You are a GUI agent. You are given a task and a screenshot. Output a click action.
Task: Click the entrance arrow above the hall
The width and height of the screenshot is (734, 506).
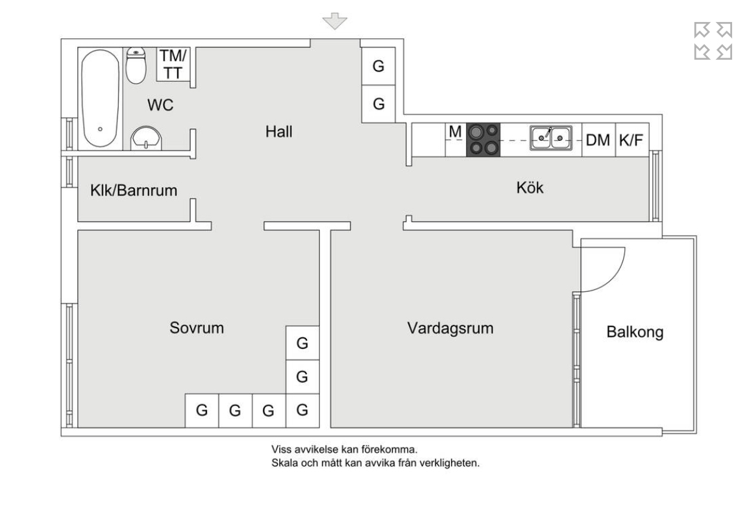(335, 21)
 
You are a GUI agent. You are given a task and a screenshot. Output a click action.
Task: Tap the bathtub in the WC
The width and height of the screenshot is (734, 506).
(101, 99)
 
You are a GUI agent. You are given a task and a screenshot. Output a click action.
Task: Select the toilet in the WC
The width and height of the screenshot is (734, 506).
(136, 66)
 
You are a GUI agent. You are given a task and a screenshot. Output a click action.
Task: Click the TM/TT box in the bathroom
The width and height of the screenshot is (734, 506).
(173, 64)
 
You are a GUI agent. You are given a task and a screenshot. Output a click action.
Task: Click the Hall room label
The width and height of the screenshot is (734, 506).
(279, 132)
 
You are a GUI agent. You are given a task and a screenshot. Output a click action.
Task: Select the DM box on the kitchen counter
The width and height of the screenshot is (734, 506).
(598, 139)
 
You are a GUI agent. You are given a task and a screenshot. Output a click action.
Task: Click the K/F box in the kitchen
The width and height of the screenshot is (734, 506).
(633, 139)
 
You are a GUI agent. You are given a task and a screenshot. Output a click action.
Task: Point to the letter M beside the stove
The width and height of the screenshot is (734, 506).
(456, 132)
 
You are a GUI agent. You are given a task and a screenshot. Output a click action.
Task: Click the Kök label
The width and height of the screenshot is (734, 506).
(530, 188)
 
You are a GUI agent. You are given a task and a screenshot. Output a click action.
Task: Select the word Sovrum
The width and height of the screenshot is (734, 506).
(197, 328)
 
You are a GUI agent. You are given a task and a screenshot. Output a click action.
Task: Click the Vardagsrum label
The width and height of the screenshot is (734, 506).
(450, 328)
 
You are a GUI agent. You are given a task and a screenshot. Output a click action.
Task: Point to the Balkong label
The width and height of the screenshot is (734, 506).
(635, 332)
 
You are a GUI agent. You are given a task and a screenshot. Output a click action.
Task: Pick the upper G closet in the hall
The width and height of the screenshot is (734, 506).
(378, 66)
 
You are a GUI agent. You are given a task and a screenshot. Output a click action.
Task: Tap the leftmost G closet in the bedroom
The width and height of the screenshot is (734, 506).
(202, 410)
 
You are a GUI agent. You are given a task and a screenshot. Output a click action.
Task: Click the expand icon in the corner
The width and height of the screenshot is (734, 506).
(713, 41)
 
